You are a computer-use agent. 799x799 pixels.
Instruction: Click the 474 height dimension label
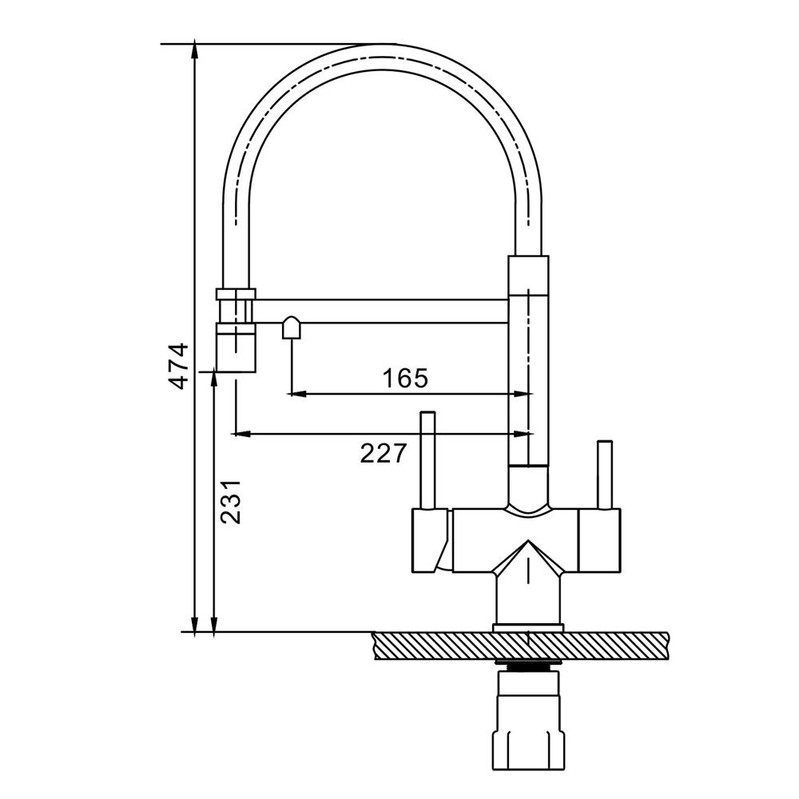click(x=179, y=367)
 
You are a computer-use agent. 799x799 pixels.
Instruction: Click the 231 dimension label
click(x=230, y=502)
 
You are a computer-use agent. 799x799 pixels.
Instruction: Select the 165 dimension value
click(x=405, y=378)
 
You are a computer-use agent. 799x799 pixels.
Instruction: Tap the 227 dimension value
click(x=384, y=453)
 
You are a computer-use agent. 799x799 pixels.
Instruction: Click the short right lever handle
click(x=605, y=475)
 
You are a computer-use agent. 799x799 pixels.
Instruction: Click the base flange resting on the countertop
click(x=528, y=628)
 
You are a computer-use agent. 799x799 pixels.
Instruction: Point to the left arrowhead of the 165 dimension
click(x=297, y=393)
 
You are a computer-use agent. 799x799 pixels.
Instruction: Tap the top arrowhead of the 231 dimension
click(x=214, y=380)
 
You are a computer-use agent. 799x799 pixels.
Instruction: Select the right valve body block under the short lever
click(x=600, y=540)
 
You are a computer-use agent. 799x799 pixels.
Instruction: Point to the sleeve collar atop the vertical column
click(x=528, y=276)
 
